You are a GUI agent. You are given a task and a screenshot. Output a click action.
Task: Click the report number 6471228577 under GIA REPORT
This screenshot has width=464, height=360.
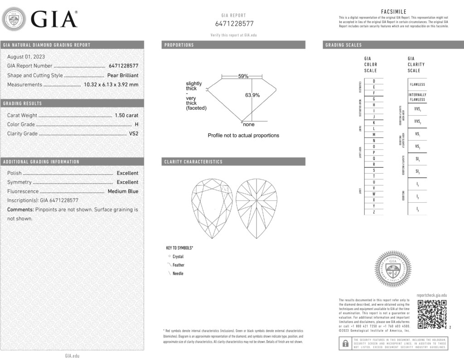point(234,24)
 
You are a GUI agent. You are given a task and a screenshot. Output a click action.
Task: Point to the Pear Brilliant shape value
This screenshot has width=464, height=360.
point(123,75)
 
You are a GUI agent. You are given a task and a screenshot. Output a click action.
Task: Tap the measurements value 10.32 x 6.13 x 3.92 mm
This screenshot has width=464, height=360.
point(111,84)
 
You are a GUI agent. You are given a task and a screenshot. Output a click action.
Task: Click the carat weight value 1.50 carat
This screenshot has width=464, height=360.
point(126,116)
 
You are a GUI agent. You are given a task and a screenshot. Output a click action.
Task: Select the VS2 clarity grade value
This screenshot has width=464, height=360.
point(134,134)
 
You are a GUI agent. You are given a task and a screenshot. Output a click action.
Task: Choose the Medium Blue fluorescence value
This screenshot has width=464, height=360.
point(123,191)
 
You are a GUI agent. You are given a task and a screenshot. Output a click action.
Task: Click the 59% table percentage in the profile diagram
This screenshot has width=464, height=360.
point(243,76)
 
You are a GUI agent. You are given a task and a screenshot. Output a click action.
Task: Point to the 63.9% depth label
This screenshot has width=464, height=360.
point(252,95)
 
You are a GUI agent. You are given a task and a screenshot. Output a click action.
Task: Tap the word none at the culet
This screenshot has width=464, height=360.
point(249,124)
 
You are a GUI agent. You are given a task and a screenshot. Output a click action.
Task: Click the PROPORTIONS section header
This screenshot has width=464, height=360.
point(179,45)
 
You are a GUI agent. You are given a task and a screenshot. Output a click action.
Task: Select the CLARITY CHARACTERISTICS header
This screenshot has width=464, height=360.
point(193,162)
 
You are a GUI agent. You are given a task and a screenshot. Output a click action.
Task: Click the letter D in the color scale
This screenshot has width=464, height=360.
point(373,81)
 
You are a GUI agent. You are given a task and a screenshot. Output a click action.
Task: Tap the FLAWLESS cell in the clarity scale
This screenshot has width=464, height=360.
point(417,84)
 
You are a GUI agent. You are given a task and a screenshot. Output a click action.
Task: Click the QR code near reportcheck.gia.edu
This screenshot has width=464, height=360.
point(432,314)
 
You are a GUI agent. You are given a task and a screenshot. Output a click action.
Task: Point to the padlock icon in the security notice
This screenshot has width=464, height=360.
point(345,344)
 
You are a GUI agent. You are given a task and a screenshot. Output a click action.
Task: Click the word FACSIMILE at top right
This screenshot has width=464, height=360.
point(394,12)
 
